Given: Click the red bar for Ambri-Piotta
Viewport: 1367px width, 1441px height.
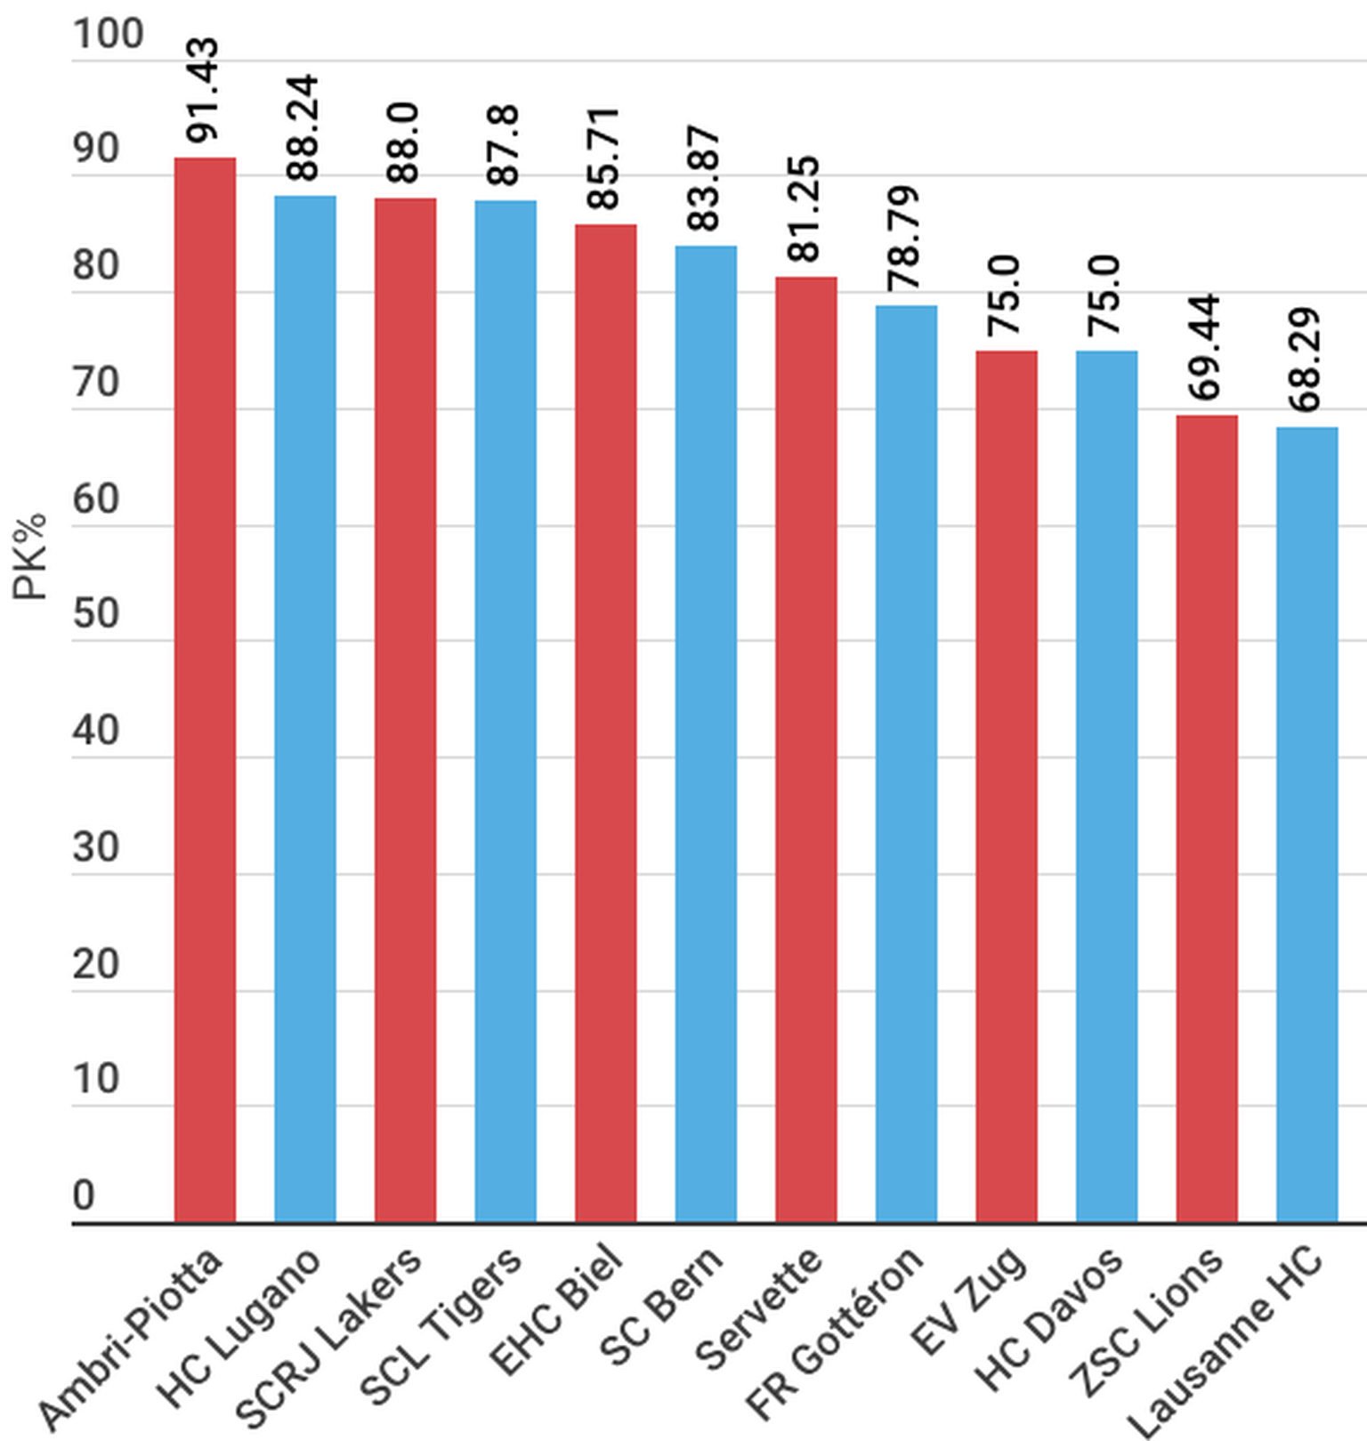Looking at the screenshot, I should pyautogui.click(x=205, y=690).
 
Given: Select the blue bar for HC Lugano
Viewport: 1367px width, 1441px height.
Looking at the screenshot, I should pyautogui.click(x=305, y=708).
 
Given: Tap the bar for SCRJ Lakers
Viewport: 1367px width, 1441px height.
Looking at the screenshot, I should pyautogui.click(x=405, y=710).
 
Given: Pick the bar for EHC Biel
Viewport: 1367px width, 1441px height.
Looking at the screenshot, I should pyautogui.click(x=606, y=723).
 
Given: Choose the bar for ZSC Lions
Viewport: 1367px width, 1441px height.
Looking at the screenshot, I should pyautogui.click(x=1207, y=819).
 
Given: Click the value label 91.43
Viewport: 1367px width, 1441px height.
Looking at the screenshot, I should pyautogui.click(x=204, y=89).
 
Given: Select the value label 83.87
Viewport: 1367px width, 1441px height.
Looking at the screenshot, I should pyautogui.click(x=705, y=178).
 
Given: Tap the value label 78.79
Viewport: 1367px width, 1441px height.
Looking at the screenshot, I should pyautogui.click(x=905, y=238).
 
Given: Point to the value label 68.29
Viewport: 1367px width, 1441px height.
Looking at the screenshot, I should pyautogui.click(x=1306, y=360).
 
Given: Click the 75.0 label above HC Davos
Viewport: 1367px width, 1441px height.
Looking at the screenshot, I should pyautogui.click(x=1106, y=295).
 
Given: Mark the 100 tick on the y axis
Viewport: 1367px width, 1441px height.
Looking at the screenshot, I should pyautogui.click(x=108, y=35).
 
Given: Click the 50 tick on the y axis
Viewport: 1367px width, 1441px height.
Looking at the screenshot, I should pyautogui.click(x=96, y=613).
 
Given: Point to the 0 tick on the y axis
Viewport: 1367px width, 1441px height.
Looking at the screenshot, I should pyautogui.click(x=84, y=1195).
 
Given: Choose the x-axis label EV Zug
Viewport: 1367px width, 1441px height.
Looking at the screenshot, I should pyautogui.click(x=968, y=1300).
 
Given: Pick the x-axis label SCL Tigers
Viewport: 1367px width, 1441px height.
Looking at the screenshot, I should pyautogui.click(x=440, y=1326).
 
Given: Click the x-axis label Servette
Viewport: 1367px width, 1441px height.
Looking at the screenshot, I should pyautogui.click(x=758, y=1309).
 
